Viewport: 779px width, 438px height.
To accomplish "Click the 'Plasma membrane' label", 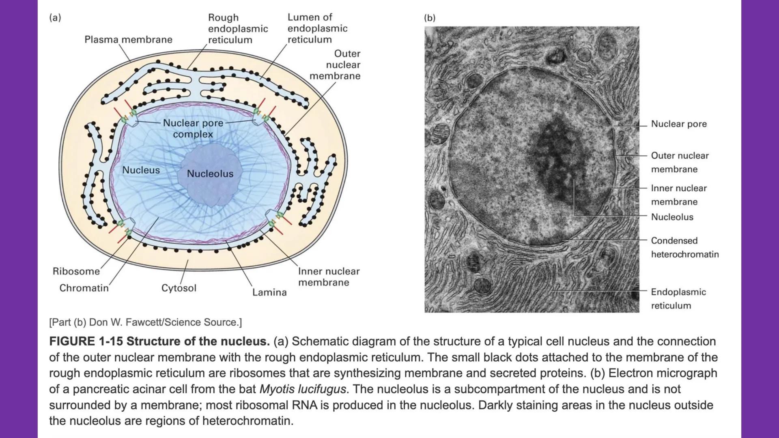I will coord(128,39).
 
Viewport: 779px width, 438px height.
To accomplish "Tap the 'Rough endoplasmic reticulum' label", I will coord(238,28).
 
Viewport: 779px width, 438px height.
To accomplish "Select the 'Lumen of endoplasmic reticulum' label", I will coord(317,28).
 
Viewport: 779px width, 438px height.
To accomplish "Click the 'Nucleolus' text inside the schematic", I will coord(210,174).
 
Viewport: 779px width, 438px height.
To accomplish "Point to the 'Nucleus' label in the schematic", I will coord(141,170).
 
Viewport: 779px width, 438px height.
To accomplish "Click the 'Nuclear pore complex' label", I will coord(193,129).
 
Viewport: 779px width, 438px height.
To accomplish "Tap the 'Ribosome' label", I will coord(76,271).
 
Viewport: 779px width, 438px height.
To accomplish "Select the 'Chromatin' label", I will coord(84,288).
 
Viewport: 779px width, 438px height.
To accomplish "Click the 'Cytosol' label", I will coord(179,288).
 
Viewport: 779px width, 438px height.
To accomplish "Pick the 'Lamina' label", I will coord(269,292).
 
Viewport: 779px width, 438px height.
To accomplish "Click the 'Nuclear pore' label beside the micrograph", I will coord(679,124).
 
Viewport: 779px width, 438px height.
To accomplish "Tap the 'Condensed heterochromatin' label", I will coord(684,247).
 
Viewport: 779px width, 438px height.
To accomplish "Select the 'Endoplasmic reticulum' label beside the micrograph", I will coord(678,298).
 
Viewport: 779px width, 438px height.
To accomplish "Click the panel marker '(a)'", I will coord(55,17).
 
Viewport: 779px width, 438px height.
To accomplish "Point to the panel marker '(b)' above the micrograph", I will coord(430,18).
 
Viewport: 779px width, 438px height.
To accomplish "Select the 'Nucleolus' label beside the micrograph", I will coord(672,217).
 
